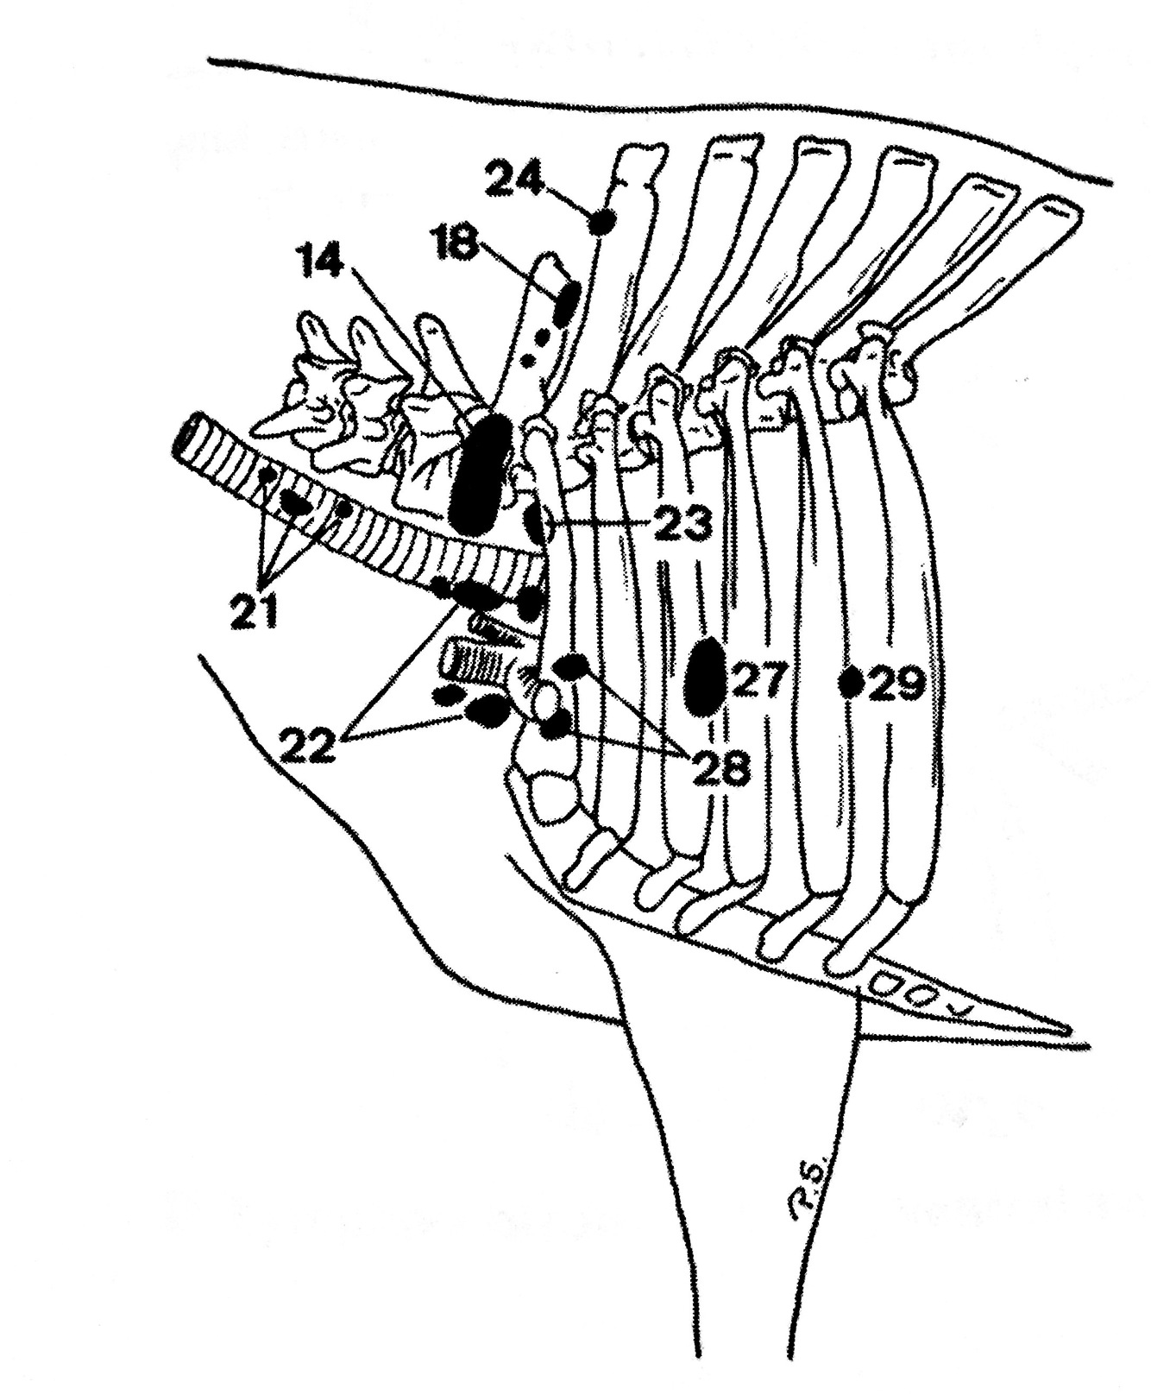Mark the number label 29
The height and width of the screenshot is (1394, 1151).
[896, 684]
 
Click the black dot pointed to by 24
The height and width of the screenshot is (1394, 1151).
[601, 224]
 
